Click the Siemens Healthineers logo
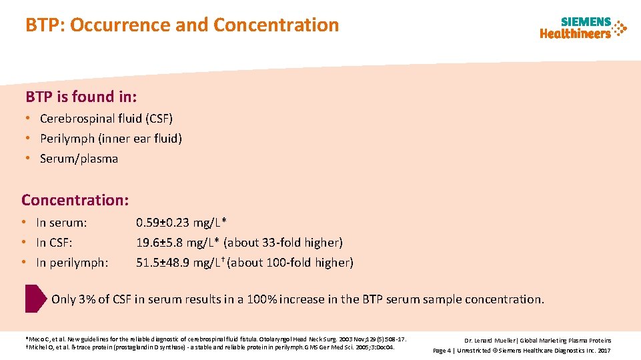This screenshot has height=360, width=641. pyautogui.click(x=583, y=28)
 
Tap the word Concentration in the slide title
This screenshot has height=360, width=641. pyautogui.click(x=276, y=25)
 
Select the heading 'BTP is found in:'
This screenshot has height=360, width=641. pyautogui.click(x=81, y=97)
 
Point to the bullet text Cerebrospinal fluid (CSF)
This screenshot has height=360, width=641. pyautogui.click(x=106, y=119)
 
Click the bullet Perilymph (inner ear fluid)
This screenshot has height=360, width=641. pyautogui.click(x=111, y=139)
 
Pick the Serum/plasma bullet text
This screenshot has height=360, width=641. pyautogui.click(x=79, y=159)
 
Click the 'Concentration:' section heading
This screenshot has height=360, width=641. pyautogui.click(x=75, y=200)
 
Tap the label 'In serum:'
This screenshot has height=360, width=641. pyautogui.click(x=61, y=223)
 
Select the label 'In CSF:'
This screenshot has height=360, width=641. pyautogui.click(x=54, y=243)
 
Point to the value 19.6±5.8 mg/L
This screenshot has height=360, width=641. pyautogui.click(x=178, y=243)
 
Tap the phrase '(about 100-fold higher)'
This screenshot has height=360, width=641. pyautogui.click(x=291, y=263)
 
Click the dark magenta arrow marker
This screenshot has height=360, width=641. pyautogui.click(x=35, y=299)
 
